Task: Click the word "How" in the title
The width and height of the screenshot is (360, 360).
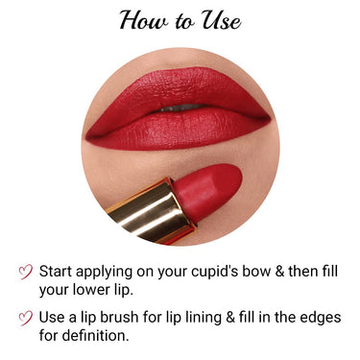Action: click(x=141, y=20)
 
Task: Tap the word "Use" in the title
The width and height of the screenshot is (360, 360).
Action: click(x=219, y=20)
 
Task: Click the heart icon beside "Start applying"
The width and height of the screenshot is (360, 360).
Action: click(x=26, y=272)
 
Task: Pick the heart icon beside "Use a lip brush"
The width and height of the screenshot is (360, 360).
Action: click(x=26, y=317)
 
